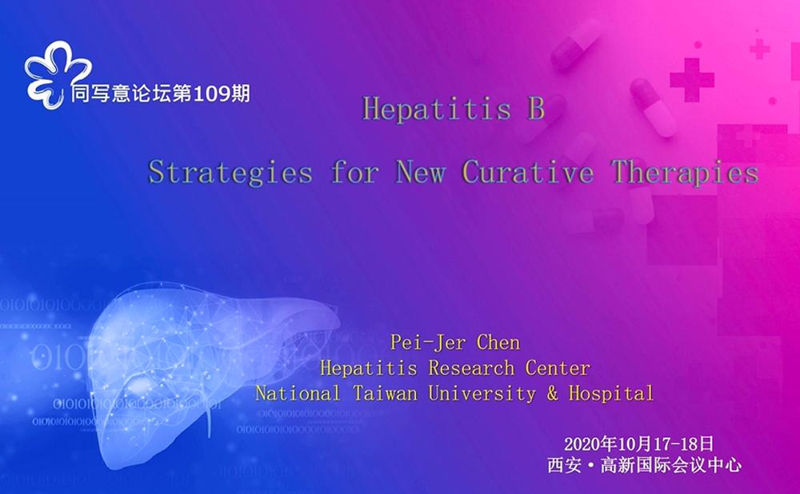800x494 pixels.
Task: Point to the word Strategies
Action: (x=230, y=173)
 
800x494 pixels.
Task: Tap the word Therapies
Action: (x=686, y=173)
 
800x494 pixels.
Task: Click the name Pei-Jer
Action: (x=424, y=344)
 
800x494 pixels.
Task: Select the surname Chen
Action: (x=498, y=344)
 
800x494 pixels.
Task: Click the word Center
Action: (x=558, y=369)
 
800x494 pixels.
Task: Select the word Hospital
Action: (x=611, y=394)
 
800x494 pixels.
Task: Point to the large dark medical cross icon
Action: (x=691, y=78)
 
